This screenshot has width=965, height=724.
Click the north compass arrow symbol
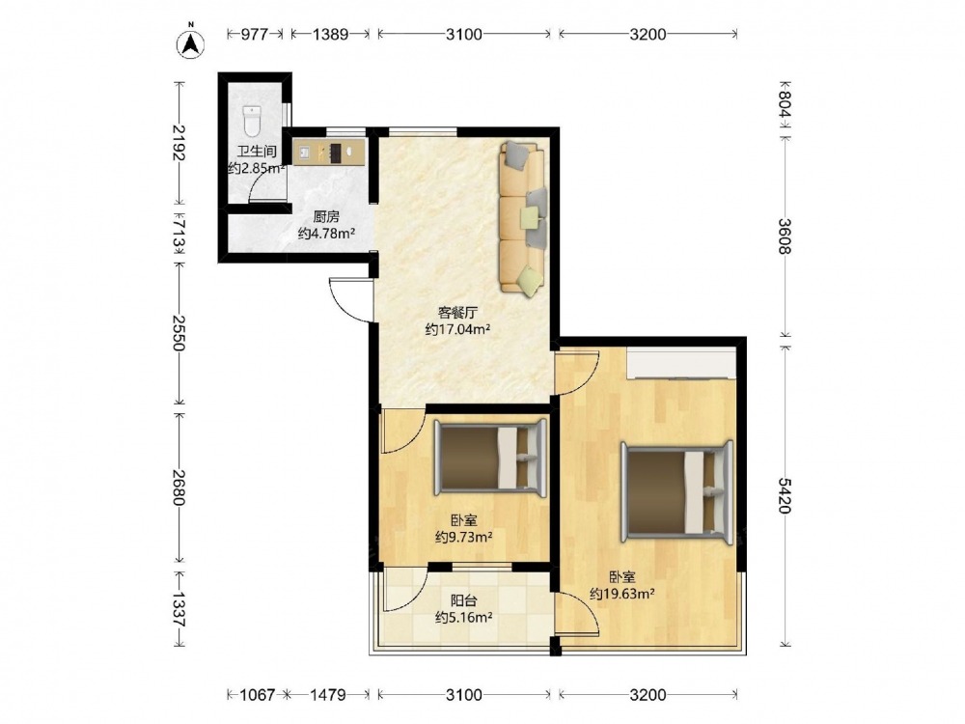click(191, 42)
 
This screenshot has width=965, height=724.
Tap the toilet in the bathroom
click(252, 121)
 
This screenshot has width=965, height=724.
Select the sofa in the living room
click(522, 217)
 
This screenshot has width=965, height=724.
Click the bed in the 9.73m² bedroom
click(490, 458)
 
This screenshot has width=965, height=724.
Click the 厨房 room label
click(326, 216)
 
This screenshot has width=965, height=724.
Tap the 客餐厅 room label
click(457, 313)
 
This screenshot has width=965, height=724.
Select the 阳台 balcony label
click(463, 600)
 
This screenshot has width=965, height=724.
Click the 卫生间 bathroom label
click(257, 152)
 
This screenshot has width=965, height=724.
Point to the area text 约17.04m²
click(457, 329)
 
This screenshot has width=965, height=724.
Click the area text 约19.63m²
click(622, 594)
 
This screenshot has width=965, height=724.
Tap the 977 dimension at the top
click(254, 34)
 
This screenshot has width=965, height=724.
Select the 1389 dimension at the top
click(330, 34)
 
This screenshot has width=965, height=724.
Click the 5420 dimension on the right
click(784, 495)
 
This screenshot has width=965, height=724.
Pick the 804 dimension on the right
click(784, 103)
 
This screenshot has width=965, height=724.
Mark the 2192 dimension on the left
click(179, 142)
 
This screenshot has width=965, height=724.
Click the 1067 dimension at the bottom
click(257, 695)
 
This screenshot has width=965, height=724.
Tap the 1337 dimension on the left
click(179, 609)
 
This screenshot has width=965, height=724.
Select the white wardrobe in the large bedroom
click(681, 363)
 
